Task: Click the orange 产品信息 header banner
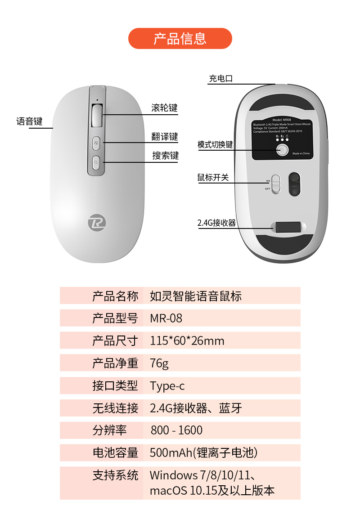coord(180,39)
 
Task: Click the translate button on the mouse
coord(97,143)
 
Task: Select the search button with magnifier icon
coord(97,162)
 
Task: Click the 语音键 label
coord(29,121)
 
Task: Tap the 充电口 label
coord(220,79)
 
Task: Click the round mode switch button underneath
coord(282,150)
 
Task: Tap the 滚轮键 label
coord(164,108)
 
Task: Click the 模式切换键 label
coord(215,145)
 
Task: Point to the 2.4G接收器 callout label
coord(216,223)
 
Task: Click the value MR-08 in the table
coord(166,318)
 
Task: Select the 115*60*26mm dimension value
coord(187,341)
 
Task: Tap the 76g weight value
coord(159,363)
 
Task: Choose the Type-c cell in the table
coord(167,386)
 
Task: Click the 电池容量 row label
coord(115,453)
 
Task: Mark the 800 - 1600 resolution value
coord(176,430)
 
